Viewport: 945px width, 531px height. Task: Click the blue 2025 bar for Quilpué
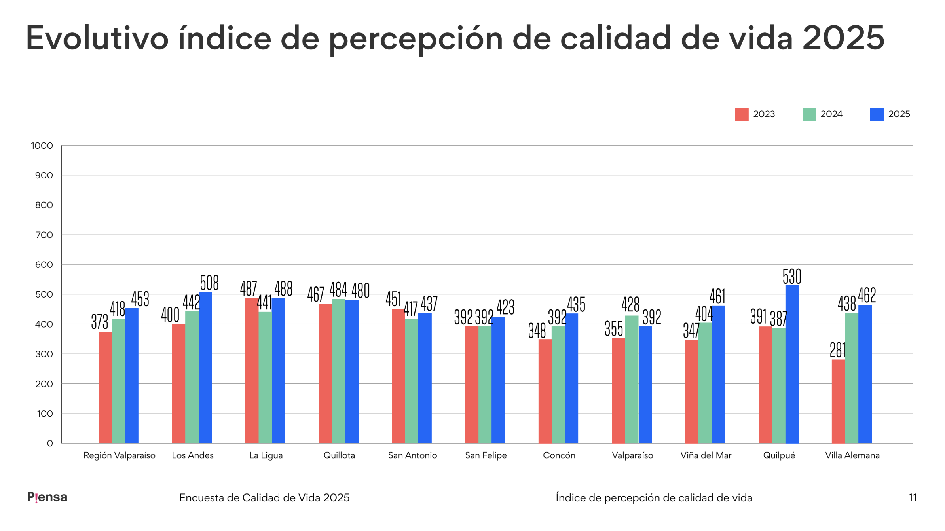(x=791, y=364)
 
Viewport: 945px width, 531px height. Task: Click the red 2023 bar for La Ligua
(x=252, y=370)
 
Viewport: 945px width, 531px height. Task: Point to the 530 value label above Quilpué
(x=791, y=276)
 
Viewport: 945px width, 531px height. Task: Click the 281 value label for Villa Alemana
(x=837, y=350)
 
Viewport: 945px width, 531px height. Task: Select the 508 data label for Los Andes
(x=209, y=283)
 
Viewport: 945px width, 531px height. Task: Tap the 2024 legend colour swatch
(x=809, y=114)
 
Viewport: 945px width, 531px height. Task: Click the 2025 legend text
(x=899, y=114)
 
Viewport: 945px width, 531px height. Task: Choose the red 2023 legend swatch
(x=741, y=114)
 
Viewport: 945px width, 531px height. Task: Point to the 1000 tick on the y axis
(x=42, y=146)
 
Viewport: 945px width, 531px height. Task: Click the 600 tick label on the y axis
(x=44, y=265)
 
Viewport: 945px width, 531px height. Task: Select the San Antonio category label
(x=412, y=455)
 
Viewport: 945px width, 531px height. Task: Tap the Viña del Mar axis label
(x=706, y=455)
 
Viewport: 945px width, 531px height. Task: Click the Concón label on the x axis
(x=559, y=455)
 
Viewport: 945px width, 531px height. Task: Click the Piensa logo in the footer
(x=47, y=497)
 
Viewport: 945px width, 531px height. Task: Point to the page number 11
(x=912, y=498)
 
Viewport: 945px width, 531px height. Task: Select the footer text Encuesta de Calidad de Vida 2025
(x=264, y=498)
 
